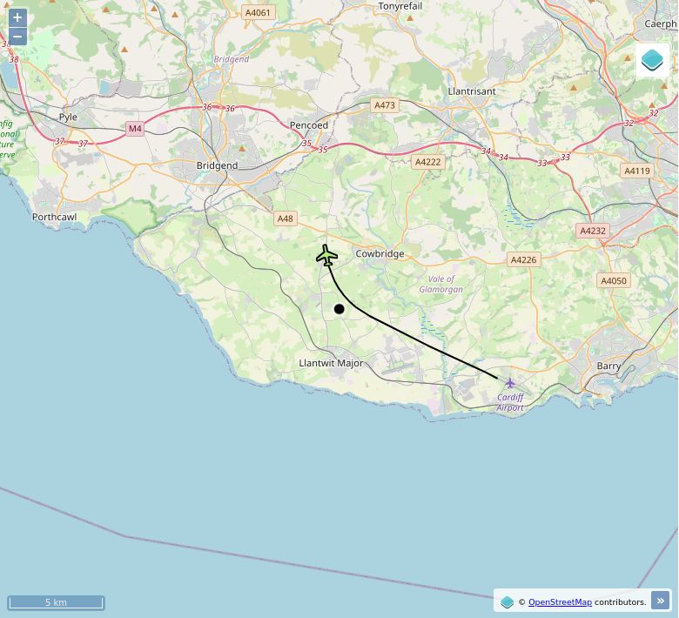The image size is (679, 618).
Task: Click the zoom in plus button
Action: pos(17,17)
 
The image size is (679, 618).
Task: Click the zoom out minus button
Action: pos(17,37)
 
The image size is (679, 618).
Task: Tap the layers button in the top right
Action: pos(652,60)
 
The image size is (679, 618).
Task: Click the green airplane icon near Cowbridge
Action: pos(326,255)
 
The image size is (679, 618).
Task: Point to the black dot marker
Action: pos(339,309)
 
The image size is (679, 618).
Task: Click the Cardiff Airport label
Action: pos(510,402)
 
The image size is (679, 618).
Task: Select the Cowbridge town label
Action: pos(380,254)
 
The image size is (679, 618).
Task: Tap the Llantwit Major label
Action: pos(331,363)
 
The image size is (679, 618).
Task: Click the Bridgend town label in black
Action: pos(217,165)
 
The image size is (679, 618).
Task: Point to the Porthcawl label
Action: pos(55,217)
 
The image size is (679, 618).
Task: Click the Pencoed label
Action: pos(309,125)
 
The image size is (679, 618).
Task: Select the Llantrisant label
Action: pos(471,91)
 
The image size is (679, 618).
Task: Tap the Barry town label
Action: pos(608,366)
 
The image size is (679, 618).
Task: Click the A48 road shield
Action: pos(286,218)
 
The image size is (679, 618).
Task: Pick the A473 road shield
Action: pos(384,105)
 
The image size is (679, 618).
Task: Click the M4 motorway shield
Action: pos(134,129)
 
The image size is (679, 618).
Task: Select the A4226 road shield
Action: pos(523,259)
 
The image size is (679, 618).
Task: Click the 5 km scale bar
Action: pos(56,602)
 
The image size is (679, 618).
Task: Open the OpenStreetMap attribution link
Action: pos(560,601)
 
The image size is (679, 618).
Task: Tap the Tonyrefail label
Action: pos(400,6)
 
